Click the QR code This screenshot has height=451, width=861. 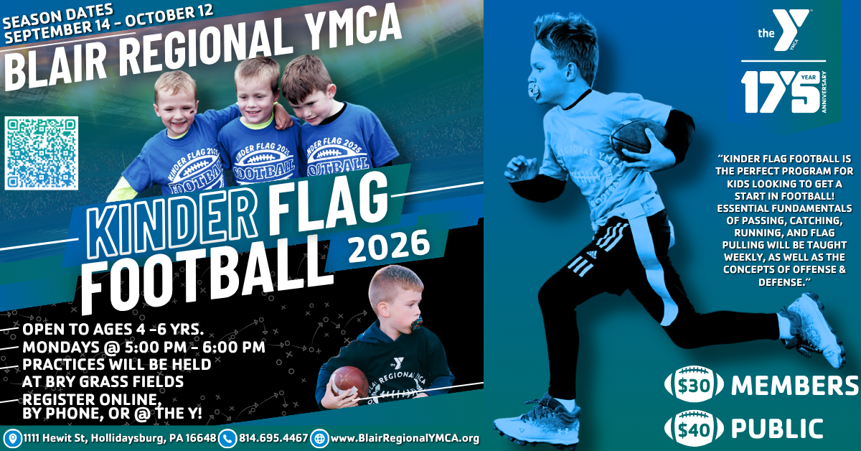[42, 153]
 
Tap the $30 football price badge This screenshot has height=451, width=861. [694, 384]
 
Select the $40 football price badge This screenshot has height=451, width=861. [694, 428]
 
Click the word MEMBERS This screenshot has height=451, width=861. [794, 385]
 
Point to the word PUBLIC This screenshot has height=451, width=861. [777, 428]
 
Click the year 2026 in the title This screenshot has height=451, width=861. [388, 246]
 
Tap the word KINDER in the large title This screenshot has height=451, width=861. [171, 219]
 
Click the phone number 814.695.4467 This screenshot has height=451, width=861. [273, 438]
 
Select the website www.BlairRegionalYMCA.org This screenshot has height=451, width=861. [405, 438]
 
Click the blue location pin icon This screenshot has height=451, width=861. [13, 438]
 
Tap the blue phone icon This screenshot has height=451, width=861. [227, 438]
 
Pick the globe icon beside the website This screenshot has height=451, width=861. [319, 438]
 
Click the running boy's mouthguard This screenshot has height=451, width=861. [535, 93]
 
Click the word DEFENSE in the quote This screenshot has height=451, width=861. [782, 282]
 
